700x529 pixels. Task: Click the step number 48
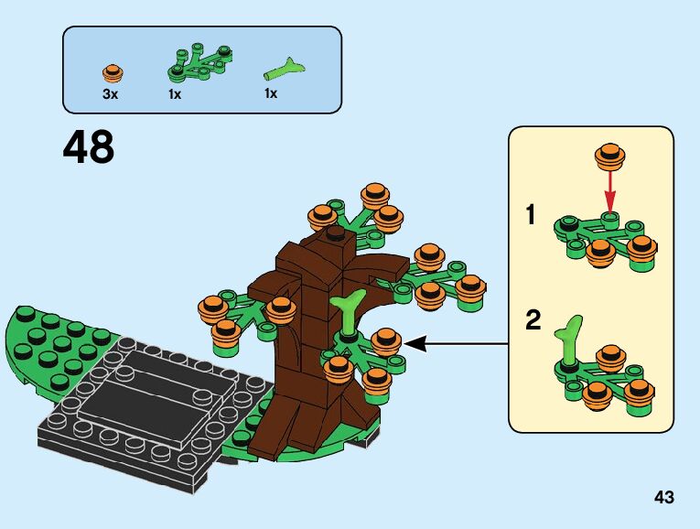(x=89, y=147)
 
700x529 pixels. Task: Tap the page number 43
(x=664, y=498)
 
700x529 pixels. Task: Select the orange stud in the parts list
(x=113, y=71)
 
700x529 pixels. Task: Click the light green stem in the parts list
(x=285, y=67)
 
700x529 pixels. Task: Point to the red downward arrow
(x=610, y=192)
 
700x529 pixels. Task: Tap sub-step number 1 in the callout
(x=530, y=217)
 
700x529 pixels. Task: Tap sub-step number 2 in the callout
(x=533, y=321)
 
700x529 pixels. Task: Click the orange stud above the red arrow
(x=609, y=156)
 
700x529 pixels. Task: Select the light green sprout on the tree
(x=350, y=313)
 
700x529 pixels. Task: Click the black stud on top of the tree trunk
(x=337, y=233)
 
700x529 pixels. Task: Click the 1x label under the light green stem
(x=271, y=93)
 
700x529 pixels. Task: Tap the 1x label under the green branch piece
(x=174, y=93)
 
